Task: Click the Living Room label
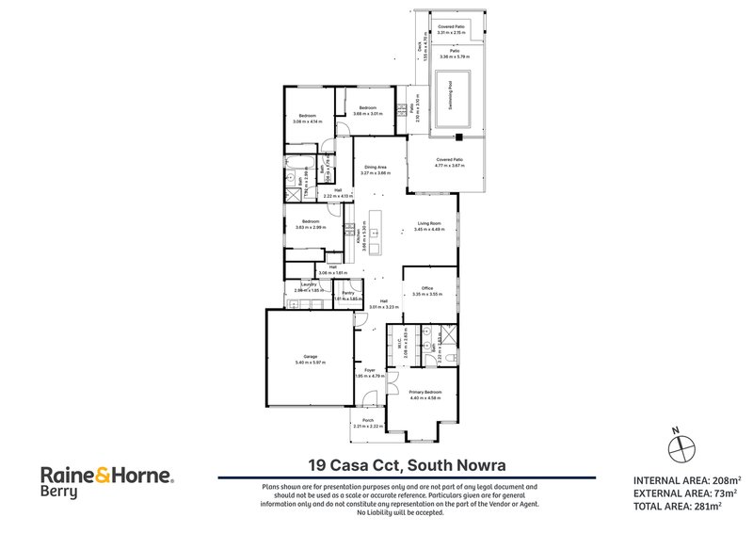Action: click(x=430, y=223)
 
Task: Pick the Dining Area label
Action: click(x=376, y=168)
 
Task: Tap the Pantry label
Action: click(x=347, y=294)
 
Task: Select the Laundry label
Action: click(x=308, y=285)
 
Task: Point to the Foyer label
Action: click(x=370, y=370)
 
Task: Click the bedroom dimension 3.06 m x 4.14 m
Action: click(x=310, y=121)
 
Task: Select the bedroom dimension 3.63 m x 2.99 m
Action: click(x=311, y=227)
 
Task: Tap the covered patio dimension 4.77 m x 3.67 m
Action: click(x=449, y=166)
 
